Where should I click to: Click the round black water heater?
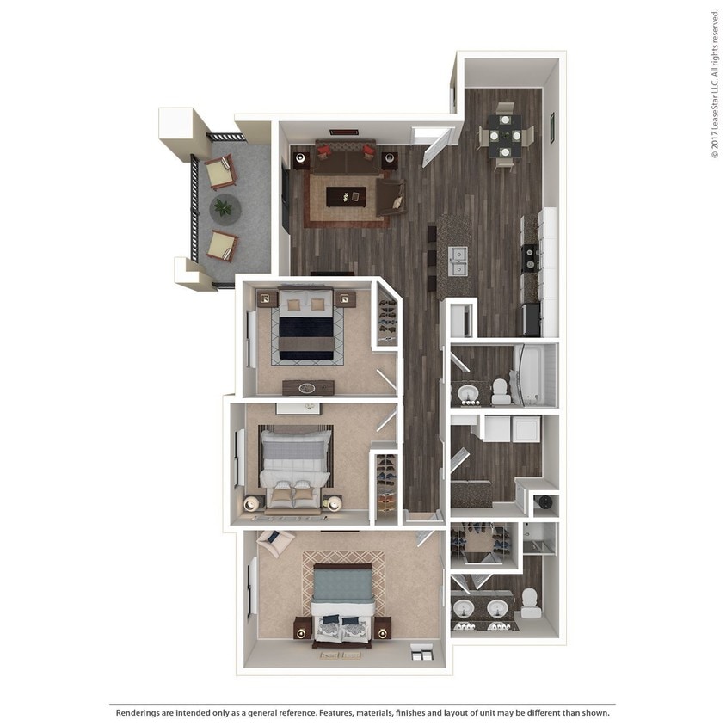[543, 504]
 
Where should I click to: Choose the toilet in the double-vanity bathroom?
[530, 603]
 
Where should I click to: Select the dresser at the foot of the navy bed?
[307, 387]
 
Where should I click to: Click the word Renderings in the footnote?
[140, 712]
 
